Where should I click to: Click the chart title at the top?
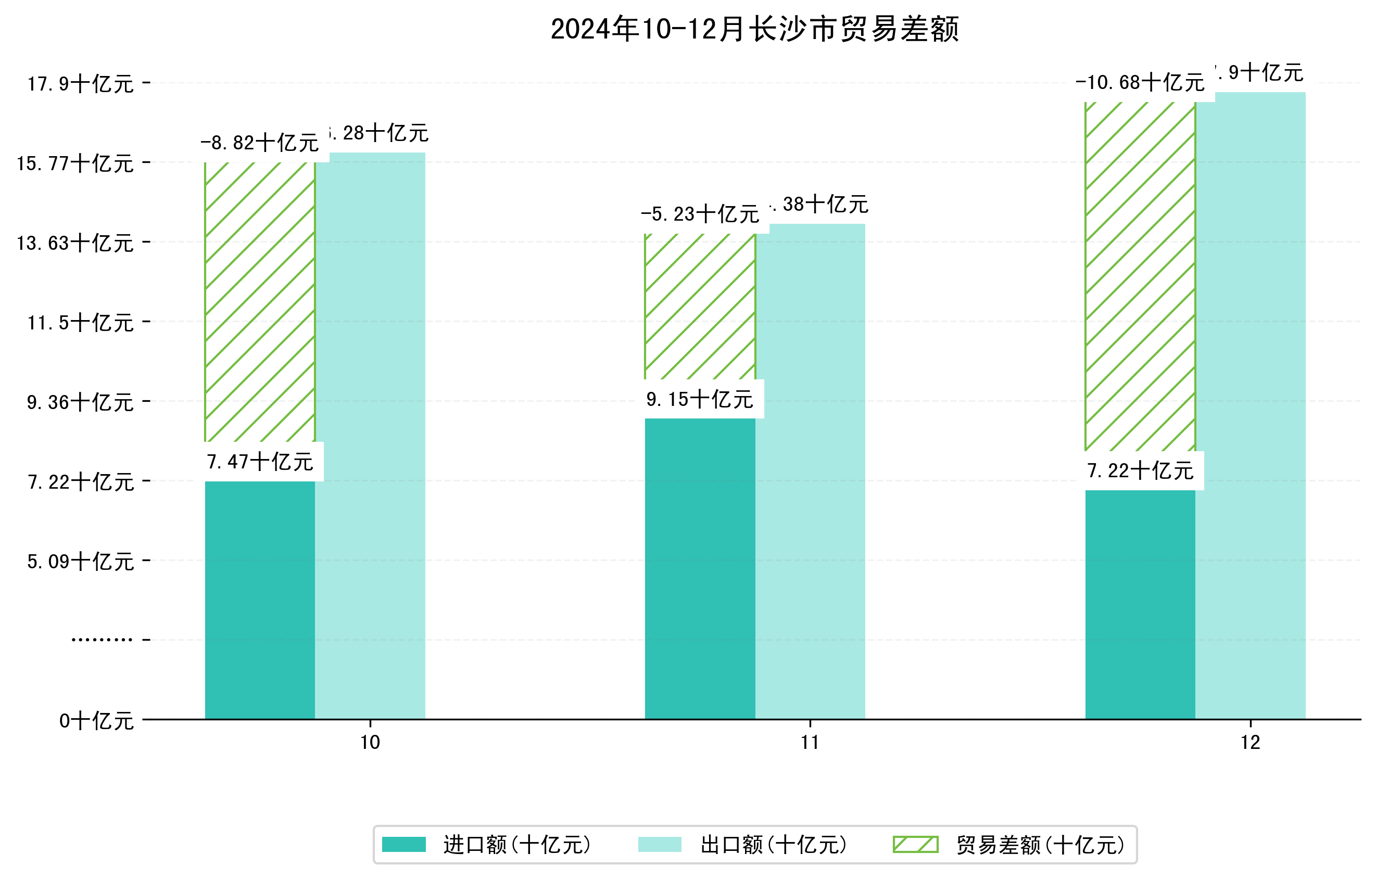tap(754, 29)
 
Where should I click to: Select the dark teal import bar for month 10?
tap(260, 600)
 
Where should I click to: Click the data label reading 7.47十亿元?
tap(260, 462)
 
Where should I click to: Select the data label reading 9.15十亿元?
tap(700, 399)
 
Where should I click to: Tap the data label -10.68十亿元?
tap(1140, 83)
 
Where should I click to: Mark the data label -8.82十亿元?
tap(260, 143)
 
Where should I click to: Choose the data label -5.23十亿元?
tap(700, 214)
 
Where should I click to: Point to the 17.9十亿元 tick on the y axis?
tap(81, 84)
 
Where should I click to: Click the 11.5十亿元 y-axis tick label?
tap(81, 323)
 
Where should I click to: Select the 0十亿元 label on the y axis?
tap(96, 721)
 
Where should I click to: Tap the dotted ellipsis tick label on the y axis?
tap(102, 640)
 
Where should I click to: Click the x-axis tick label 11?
tap(810, 743)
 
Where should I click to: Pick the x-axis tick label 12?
tap(1251, 743)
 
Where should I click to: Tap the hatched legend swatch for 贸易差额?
tap(915, 844)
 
